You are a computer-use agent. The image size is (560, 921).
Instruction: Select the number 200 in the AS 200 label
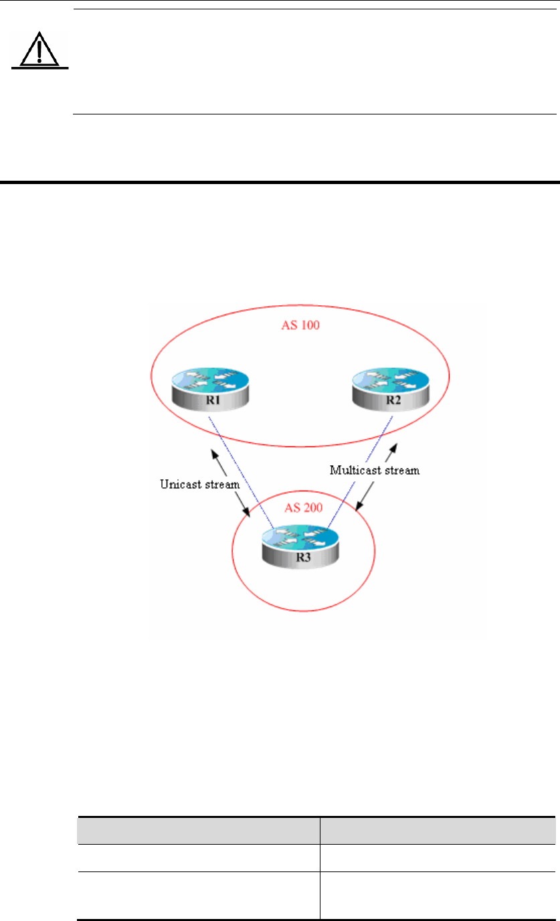point(312,508)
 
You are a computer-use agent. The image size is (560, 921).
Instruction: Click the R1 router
point(209,391)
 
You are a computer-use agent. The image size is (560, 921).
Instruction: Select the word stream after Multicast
point(401,471)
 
